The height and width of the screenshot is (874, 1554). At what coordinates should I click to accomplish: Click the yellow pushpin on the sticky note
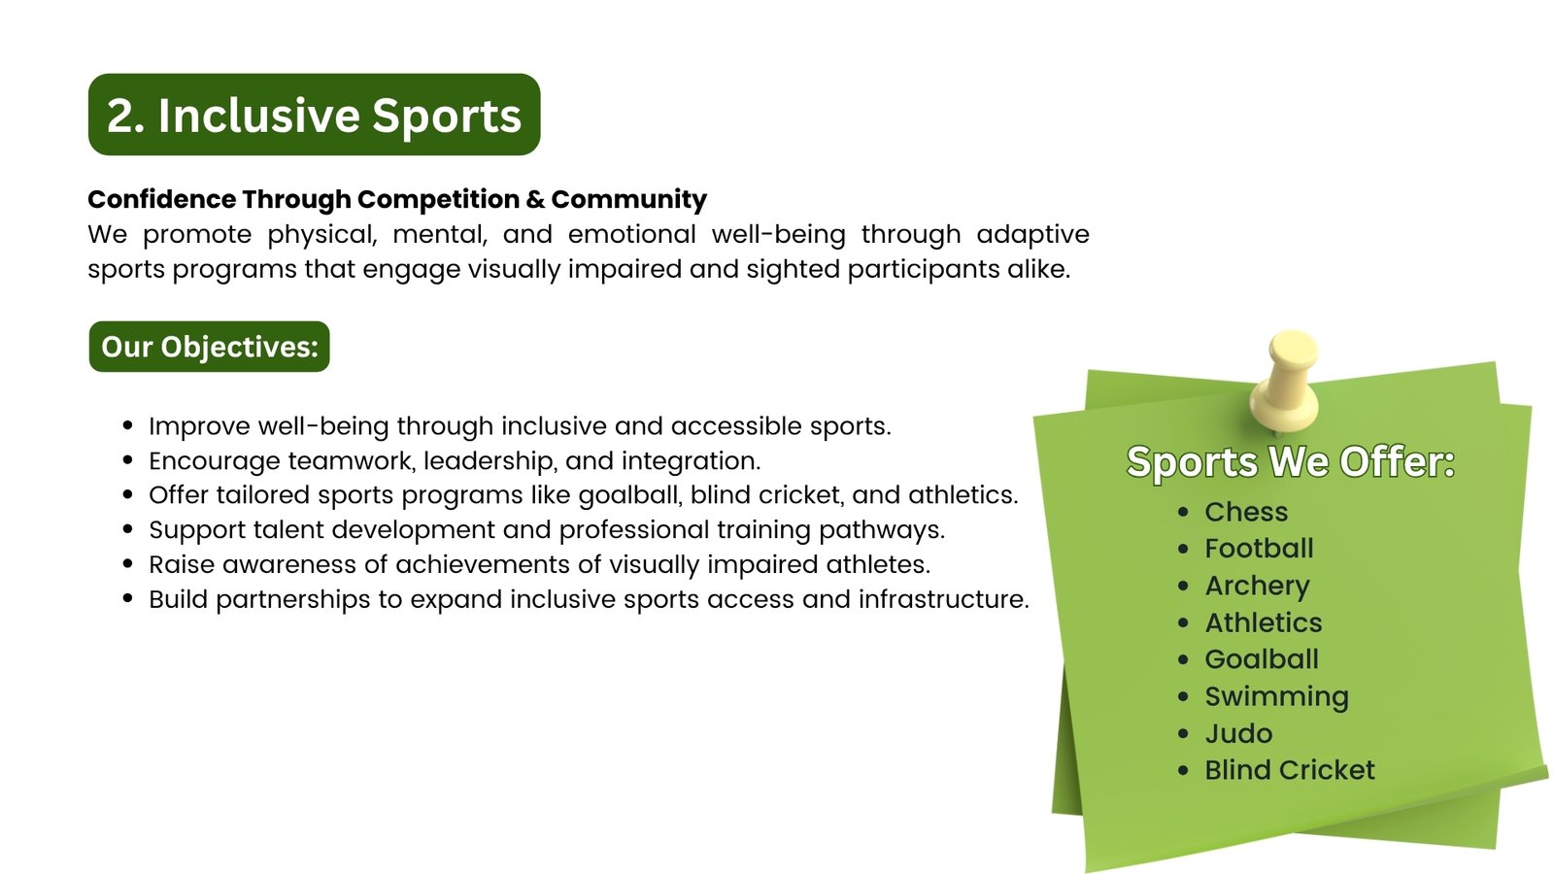click(1285, 381)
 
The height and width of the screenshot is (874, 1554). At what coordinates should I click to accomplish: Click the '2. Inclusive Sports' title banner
click(315, 115)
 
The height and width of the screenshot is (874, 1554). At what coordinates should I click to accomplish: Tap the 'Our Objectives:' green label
click(210, 347)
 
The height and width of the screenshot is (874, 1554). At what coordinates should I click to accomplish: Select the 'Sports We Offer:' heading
click(1291, 462)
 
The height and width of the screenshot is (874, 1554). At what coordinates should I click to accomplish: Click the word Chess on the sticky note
click(1246, 512)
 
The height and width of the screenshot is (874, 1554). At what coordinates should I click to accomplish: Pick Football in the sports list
click(1259, 549)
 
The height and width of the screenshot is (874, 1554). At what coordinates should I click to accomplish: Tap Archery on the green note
click(1257, 587)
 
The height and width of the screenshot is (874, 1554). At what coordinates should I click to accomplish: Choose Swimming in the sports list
click(1276, 697)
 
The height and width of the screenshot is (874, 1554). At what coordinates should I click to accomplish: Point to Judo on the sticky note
click(1238, 734)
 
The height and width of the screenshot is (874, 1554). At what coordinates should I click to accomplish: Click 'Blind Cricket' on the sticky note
click(1289, 771)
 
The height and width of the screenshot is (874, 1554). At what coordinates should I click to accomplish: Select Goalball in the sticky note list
click(1262, 659)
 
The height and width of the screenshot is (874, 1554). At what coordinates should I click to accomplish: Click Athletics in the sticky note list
click(1264, 622)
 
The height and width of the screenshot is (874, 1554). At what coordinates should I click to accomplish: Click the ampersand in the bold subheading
click(535, 200)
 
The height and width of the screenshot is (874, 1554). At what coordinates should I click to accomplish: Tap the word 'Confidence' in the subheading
click(162, 200)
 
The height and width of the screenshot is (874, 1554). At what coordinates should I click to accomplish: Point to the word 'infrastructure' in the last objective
click(943, 599)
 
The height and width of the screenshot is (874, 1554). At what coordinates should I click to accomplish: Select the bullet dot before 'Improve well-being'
click(127, 426)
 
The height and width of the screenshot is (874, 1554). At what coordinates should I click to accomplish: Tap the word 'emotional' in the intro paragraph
click(632, 234)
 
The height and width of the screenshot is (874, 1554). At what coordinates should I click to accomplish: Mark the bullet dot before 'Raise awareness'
click(127, 564)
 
